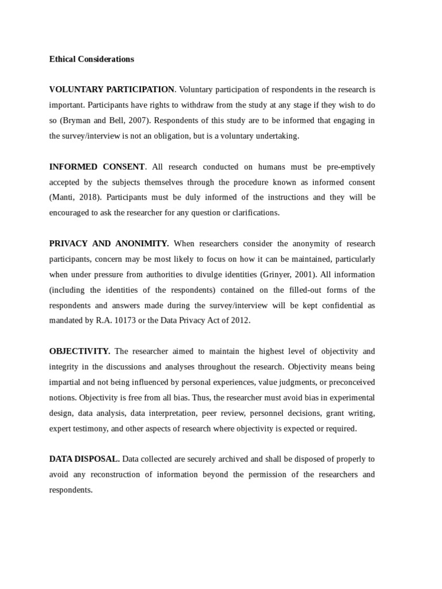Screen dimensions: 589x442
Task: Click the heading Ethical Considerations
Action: [92, 59]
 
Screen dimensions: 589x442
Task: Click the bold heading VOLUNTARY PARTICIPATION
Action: [112, 90]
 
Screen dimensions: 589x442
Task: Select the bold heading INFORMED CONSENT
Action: [97, 167]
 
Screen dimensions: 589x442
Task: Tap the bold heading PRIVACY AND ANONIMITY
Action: [109, 244]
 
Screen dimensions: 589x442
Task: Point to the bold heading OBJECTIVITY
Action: [79, 351]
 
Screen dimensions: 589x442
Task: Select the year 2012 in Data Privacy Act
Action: [239, 321]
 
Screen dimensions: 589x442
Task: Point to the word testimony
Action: [91, 429]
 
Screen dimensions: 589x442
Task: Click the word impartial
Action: [63, 383]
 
